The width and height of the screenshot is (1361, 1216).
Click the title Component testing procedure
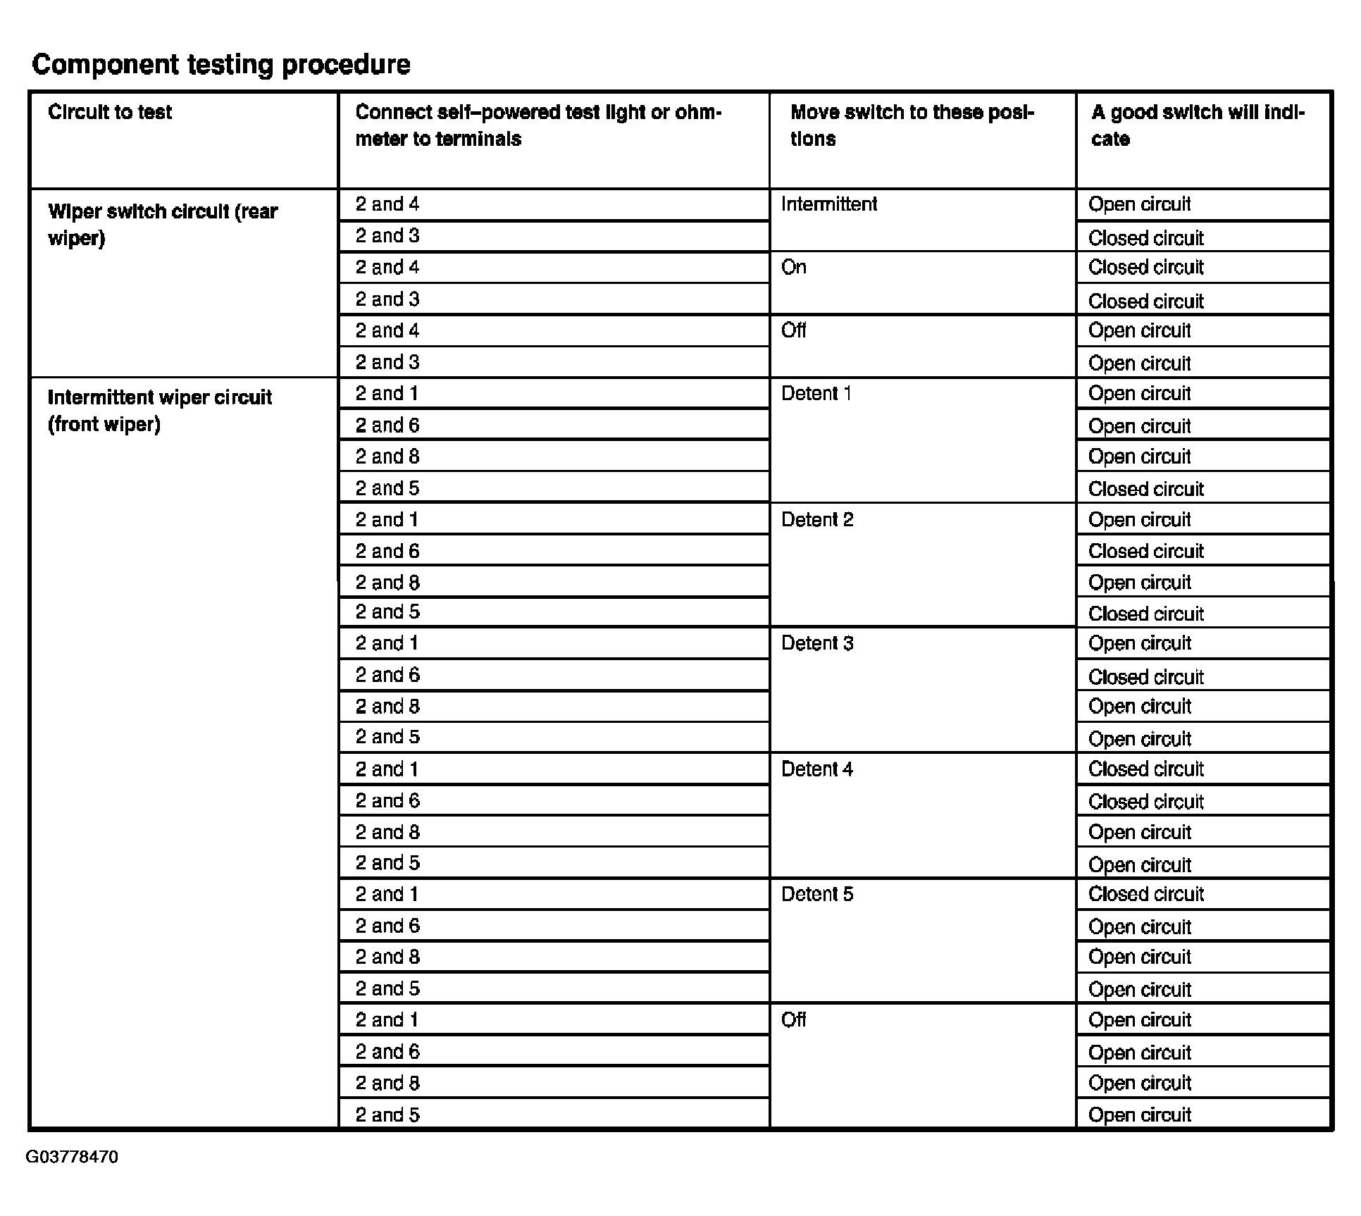coord(221,64)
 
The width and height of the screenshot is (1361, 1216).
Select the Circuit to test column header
coord(110,112)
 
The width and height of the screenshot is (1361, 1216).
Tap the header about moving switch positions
coord(912,125)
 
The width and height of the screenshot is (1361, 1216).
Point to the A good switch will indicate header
coord(1198,125)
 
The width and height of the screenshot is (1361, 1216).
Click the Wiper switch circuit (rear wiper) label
coord(163,225)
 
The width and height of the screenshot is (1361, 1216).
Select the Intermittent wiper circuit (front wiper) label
coord(160,411)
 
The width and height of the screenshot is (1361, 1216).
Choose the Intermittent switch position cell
coord(829,204)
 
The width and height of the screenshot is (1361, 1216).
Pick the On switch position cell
coord(794,267)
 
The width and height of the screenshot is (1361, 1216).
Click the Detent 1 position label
coord(816,393)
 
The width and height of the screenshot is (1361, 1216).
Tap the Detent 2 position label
coord(817,520)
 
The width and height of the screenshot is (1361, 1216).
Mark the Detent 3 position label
coord(817,643)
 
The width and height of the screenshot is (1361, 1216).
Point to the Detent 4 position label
coord(817,769)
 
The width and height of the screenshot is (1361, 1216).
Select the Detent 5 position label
coord(817,894)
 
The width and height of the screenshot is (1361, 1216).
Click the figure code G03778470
coord(72,1158)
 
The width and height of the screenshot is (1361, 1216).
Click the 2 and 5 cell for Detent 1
coord(387,488)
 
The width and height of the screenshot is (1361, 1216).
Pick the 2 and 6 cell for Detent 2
coord(387,551)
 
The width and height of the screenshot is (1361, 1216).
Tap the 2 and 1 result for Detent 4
coord(1146,769)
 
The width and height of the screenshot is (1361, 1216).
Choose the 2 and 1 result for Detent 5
coord(1146,894)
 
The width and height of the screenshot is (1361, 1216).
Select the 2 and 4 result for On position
coord(1146,267)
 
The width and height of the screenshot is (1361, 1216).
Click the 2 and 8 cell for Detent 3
coord(387,706)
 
